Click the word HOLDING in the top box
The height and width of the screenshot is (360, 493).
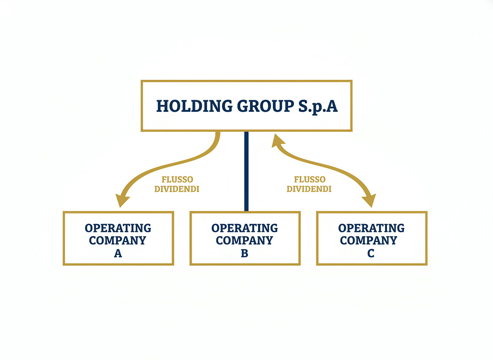195,106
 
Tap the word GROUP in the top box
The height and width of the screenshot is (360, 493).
266,106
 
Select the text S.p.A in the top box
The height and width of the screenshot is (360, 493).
318,107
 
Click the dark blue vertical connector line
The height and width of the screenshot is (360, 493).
246,171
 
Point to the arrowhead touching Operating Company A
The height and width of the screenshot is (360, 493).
122,200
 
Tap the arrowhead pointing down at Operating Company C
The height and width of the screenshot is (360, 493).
369,200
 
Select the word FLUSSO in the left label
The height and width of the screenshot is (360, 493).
177,179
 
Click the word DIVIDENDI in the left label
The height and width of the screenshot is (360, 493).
177,189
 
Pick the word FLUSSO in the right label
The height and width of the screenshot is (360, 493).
310,179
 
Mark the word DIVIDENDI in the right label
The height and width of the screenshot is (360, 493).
309,189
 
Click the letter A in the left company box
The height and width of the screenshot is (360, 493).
118,253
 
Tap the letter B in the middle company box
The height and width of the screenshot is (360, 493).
245,253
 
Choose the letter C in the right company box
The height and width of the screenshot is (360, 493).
371,253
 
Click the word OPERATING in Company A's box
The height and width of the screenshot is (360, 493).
118,228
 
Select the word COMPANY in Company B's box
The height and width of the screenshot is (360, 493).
244,240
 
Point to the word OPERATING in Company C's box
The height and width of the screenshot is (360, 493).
371,228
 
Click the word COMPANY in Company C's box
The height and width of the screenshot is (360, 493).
368,240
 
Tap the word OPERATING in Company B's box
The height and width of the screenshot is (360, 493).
245,228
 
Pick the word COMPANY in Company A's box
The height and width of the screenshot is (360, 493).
117,240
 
